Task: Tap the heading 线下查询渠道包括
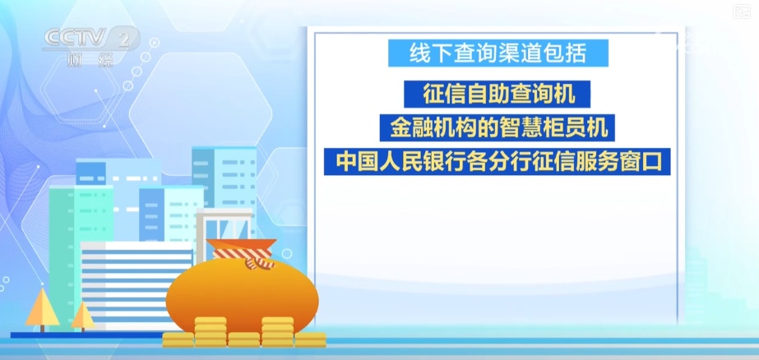(499, 55)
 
